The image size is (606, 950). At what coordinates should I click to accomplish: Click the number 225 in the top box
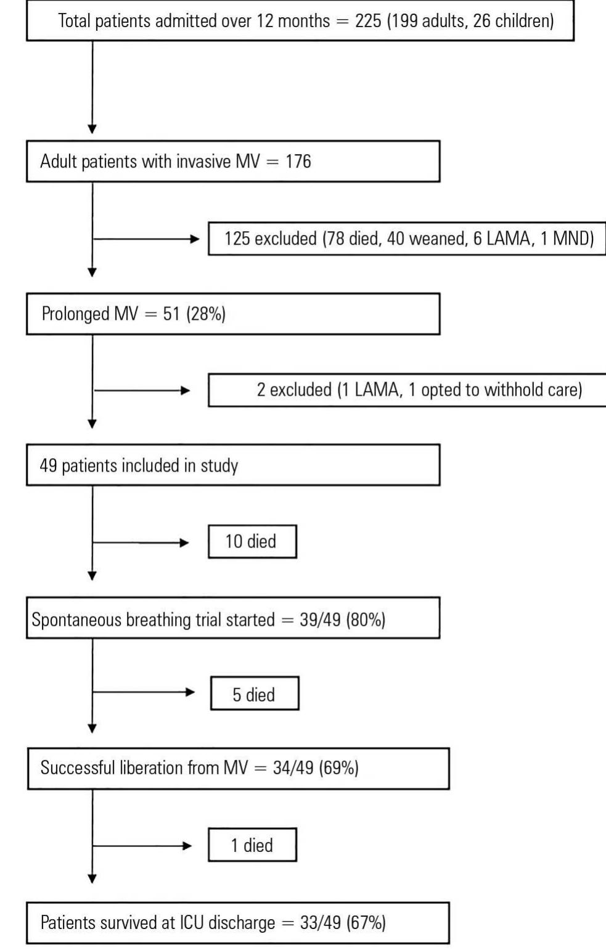click(368, 21)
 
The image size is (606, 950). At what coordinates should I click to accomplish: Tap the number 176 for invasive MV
click(298, 161)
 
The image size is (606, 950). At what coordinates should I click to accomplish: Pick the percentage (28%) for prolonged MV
click(206, 314)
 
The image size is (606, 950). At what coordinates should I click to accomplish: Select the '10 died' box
click(252, 542)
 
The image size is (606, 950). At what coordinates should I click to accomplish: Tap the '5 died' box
click(255, 693)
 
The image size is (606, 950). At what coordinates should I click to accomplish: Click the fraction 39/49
click(320, 620)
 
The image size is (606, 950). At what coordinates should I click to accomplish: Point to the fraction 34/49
click(293, 768)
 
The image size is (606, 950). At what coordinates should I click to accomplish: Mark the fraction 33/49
click(320, 922)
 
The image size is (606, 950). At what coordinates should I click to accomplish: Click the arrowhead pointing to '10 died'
click(184, 543)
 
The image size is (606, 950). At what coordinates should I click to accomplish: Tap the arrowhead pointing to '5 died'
click(190, 692)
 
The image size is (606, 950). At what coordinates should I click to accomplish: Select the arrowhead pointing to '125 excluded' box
click(195, 239)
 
